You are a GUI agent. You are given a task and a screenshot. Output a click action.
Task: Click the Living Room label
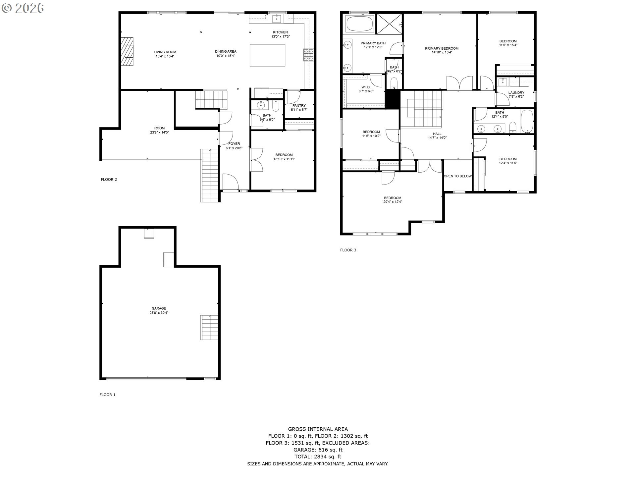tap(165, 52)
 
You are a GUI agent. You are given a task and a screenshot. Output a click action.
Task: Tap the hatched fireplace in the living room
tap(127, 52)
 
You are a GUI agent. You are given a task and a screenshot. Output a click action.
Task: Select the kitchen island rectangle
tap(267, 55)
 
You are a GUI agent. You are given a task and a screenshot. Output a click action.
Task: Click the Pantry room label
tap(299, 106)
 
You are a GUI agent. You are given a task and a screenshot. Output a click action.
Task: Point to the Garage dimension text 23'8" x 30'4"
tap(159, 313)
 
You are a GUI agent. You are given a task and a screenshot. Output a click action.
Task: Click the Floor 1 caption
tap(107, 395)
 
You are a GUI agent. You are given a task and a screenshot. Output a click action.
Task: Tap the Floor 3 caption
tap(348, 250)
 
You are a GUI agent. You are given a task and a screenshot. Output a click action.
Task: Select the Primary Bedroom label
tap(442, 48)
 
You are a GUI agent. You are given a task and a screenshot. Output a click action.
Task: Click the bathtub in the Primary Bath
tap(359, 24)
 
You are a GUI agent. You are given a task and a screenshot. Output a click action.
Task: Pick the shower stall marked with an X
tap(389, 24)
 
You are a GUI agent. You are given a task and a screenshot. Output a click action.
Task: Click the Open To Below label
tap(457, 176)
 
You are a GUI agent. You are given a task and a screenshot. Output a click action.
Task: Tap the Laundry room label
tap(516, 93)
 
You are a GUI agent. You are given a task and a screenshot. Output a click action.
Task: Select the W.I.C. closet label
tap(366, 87)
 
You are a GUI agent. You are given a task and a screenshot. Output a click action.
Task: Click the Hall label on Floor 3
tap(437, 134)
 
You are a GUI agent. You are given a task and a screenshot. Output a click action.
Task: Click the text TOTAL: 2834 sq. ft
tap(318, 456)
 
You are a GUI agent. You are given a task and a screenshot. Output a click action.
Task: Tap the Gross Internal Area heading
tap(318, 429)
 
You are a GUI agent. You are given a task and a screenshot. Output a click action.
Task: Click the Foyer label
tap(234, 144)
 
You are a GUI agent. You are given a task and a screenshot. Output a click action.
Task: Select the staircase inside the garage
tap(209, 328)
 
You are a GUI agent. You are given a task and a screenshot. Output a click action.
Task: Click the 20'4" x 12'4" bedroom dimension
tap(393, 202)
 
